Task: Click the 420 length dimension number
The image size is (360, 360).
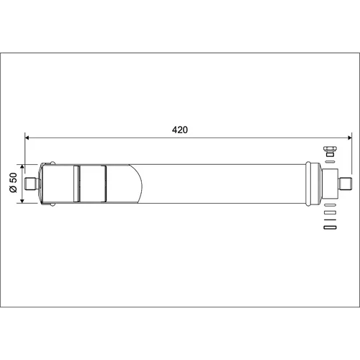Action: pyautogui.click(x=180, y=130)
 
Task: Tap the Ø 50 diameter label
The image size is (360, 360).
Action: pyautogui.click(x=14, y=182)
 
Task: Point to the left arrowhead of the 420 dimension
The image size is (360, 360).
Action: pyautogui.click(x=27, y=138)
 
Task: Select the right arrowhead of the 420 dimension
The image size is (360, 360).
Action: pyautogui.click(x=349, y=138)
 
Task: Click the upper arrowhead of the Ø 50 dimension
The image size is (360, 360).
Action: pyautogui.click(x=22, y=167)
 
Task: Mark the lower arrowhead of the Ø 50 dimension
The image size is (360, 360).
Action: pyautogui.click(x=22, y=201)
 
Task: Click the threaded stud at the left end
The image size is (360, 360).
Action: pyautogui.click(x=31, y=184)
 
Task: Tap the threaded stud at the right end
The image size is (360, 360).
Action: pyautogui.click(x=346, y=184)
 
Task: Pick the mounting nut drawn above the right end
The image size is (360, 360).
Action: pyautogui.click(x=330, y=151)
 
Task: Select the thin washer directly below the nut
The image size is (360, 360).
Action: pyautogui.click(x=330, y=161)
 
